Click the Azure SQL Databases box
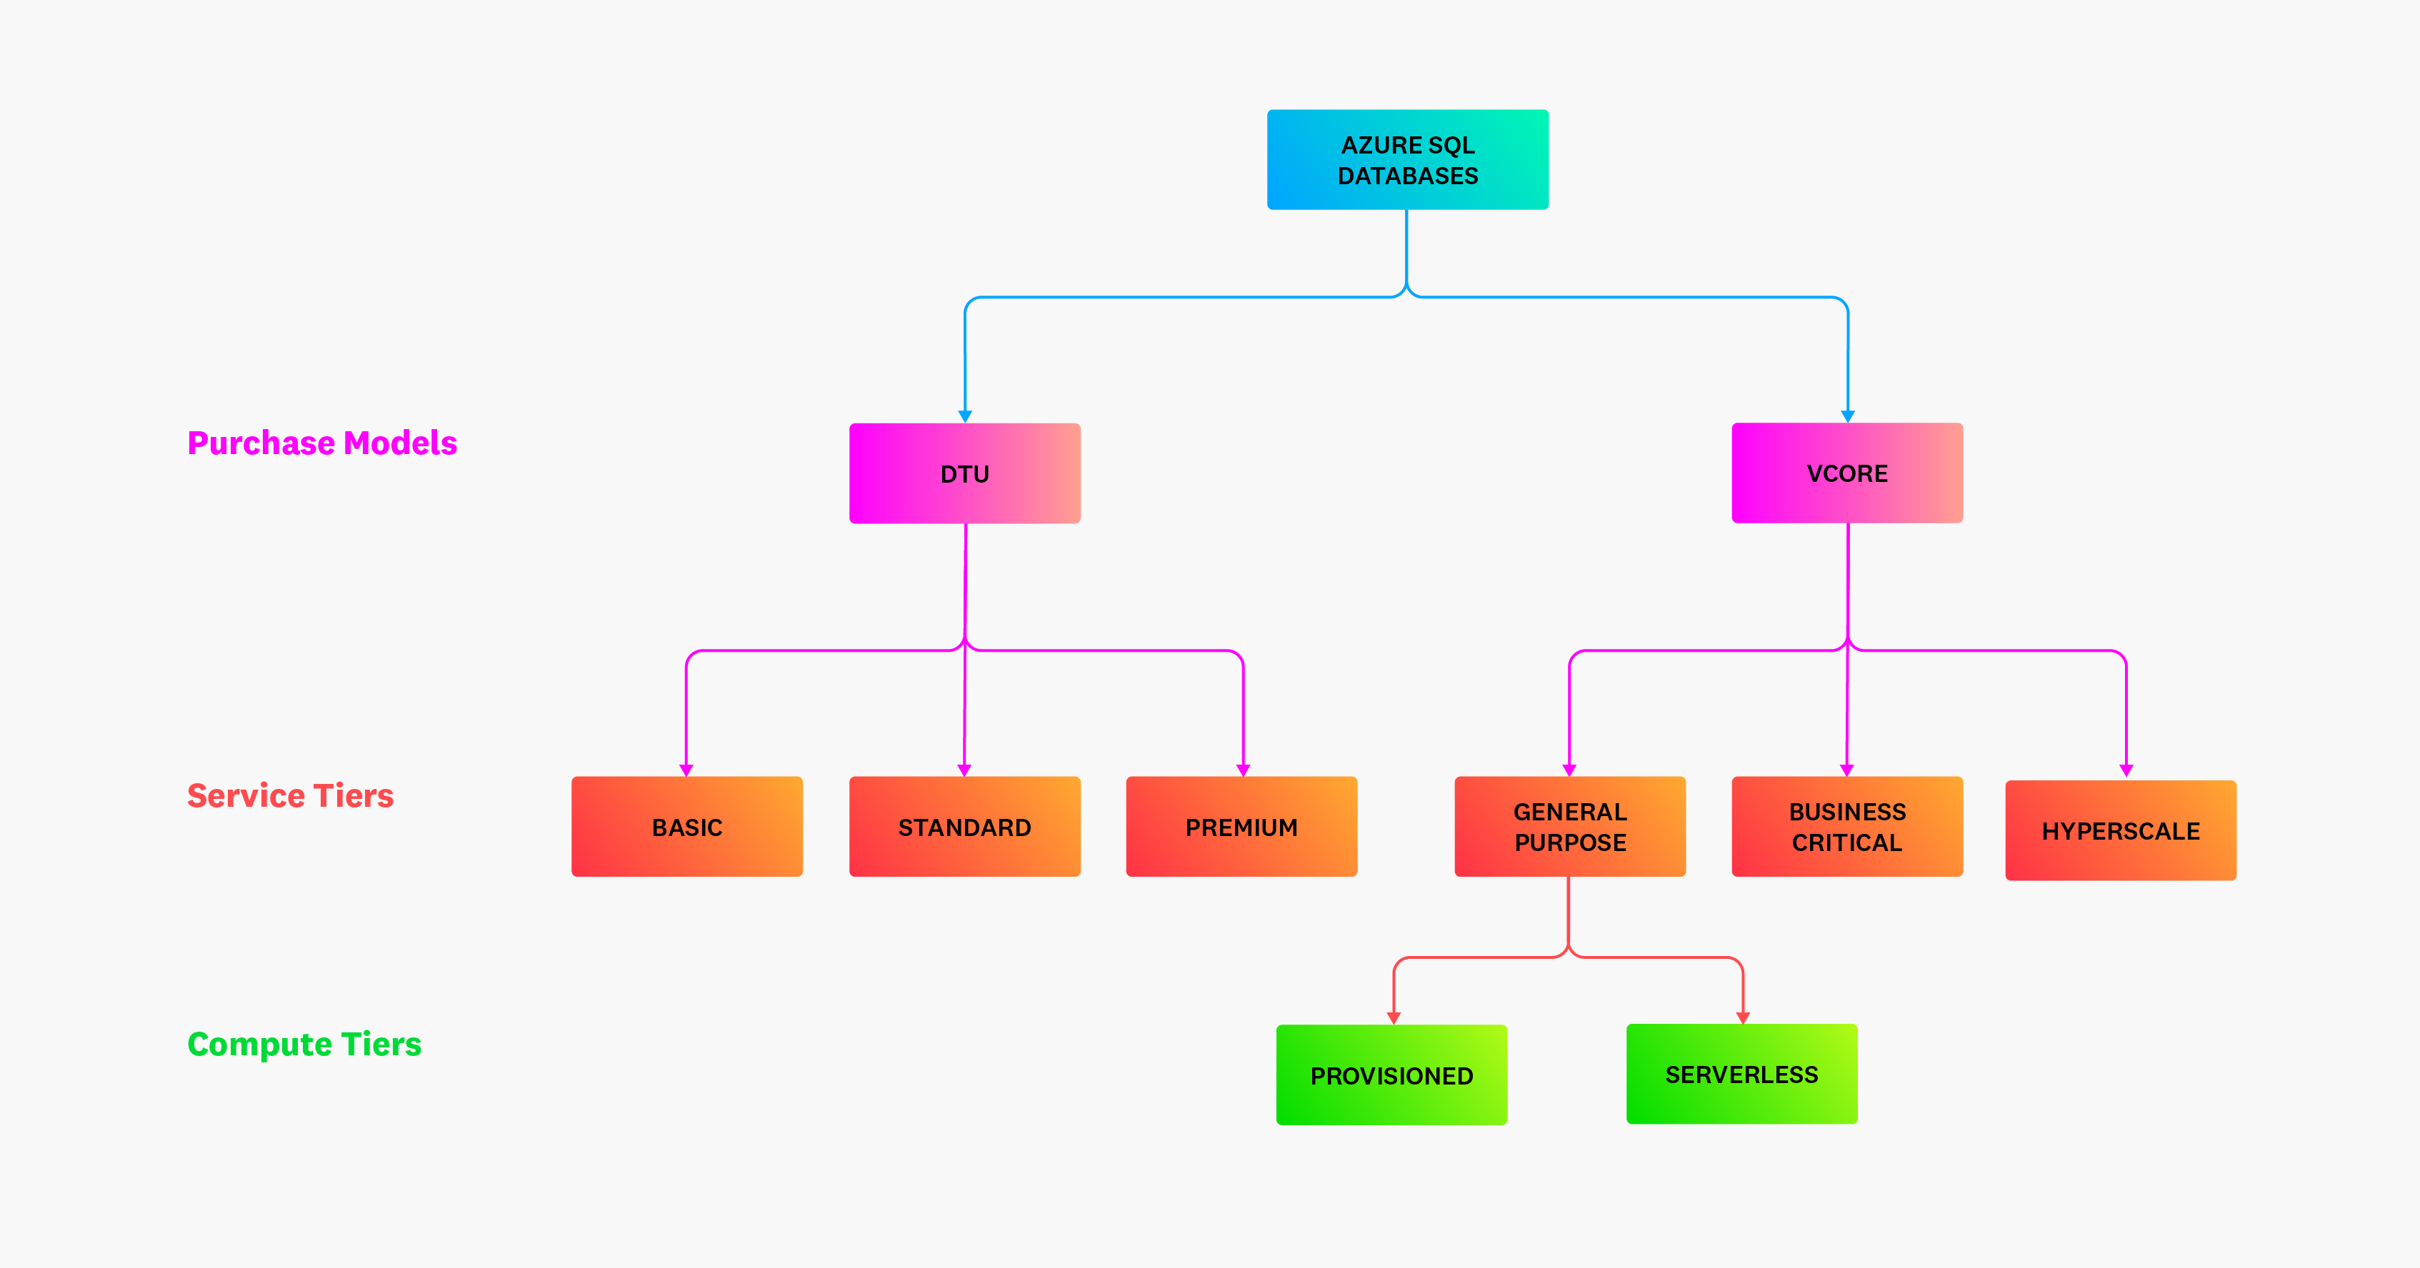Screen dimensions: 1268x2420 1407,160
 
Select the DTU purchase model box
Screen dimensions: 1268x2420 965,473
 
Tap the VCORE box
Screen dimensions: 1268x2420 1847,473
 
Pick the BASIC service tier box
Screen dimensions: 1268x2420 686,827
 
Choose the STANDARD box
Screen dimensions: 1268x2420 965,827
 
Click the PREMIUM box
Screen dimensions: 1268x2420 1241,827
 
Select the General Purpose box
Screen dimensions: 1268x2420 1570,827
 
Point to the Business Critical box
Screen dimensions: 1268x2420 1847,827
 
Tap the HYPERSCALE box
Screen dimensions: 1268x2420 2120,830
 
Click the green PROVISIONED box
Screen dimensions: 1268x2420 1391,1075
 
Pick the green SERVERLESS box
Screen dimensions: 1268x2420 1741,1074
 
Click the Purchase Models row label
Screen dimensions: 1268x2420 322,443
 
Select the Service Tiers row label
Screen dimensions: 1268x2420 290,795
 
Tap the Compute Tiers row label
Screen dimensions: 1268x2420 304,1044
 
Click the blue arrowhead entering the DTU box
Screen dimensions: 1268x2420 965,416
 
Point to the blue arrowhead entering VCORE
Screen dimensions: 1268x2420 1848,416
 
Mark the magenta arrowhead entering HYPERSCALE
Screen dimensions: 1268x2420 2126,770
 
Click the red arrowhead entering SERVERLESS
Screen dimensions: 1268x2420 1743,1017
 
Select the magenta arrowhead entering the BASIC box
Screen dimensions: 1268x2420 686,770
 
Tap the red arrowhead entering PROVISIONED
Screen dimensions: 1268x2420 1393,1017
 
